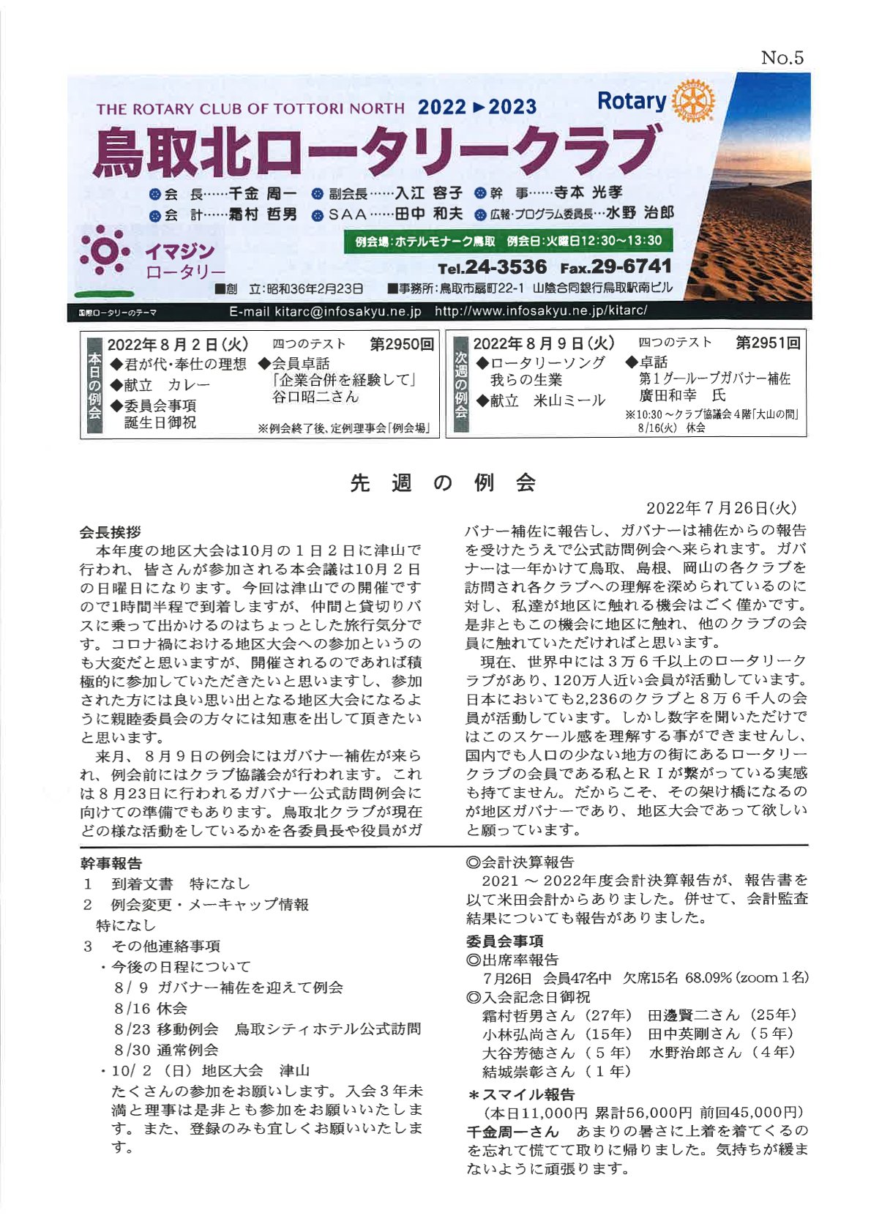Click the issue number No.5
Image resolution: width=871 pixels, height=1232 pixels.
[x=782, y=58]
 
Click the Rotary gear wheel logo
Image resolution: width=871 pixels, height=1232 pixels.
[x=692, y=101]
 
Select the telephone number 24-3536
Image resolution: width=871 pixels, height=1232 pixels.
[x=505, y=267]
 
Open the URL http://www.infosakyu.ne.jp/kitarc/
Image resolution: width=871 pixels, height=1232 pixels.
[x=541, y=311]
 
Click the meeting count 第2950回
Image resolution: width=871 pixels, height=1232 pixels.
[x=402, y=344]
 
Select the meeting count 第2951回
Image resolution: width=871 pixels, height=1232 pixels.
[x=768, y=343]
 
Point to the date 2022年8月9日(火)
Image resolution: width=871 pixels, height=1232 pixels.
[x=543, y=343]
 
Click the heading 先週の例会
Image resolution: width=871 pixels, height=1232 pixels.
[x=444, y=483]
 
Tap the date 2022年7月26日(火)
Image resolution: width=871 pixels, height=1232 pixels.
[x=721, y=508]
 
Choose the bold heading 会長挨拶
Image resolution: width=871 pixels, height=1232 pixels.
[x=111, y=532]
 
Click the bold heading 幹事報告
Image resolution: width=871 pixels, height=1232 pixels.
[x=111, y=863]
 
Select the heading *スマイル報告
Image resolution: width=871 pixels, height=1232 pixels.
[x=520, y=1094]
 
